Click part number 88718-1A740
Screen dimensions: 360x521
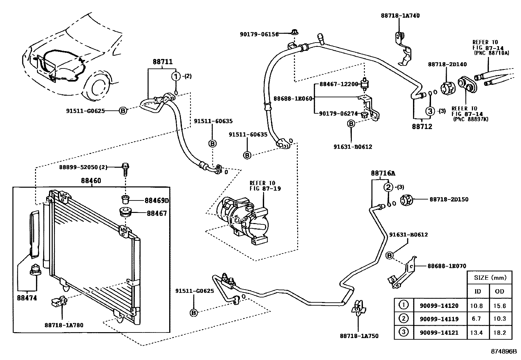click(400, 15)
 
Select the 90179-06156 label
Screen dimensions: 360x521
click(259, 34)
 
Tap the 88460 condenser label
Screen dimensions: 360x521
click(91, 180)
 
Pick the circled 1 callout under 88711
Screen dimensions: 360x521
click(176, 76)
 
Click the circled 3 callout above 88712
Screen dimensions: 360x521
click(430, 111)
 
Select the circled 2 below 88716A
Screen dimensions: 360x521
click(388, 187)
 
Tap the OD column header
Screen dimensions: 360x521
click(500, 291)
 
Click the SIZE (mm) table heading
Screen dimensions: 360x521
click(489, 278)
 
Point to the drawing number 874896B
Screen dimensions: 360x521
click(503, 352)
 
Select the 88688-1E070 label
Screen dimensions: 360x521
click(447, 266)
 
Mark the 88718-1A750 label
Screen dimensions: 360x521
click(359, 336)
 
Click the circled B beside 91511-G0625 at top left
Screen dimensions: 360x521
click(123, 111)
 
